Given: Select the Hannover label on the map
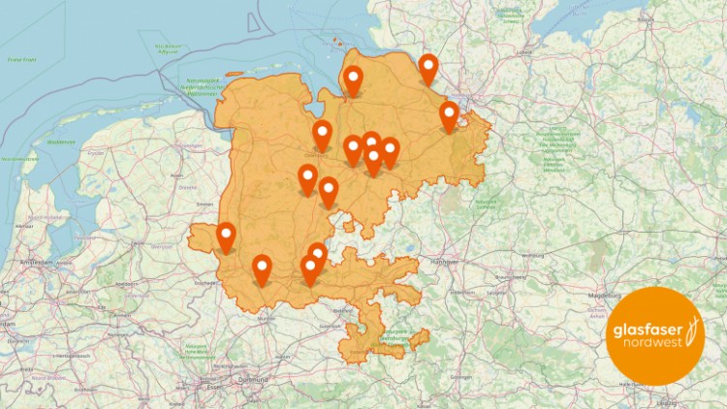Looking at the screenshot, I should click(444, 261).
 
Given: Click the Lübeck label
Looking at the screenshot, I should click(525, 52).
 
